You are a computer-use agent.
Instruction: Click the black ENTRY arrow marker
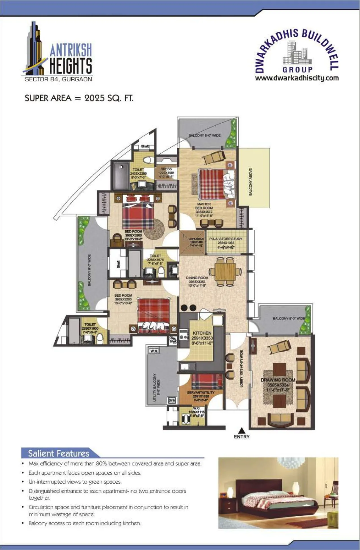tap(241, 430)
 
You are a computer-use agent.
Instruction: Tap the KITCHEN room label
tap(202, 333)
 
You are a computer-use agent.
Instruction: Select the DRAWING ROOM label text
tap(278, 380)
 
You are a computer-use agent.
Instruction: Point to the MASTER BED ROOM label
tap(204, 206)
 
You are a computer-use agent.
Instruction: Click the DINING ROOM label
tap(197, 278)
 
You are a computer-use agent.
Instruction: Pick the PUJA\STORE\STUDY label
tap(226, 239)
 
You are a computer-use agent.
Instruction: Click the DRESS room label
tap(166, 169)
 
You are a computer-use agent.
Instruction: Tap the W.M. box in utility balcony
tap(154, 351)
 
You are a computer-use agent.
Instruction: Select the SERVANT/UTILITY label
tap(201, 392)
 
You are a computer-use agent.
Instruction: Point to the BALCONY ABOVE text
tap(250, 182)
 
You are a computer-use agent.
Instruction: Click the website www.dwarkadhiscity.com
tap(297, 78)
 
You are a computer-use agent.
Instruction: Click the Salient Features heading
tap(58, 453)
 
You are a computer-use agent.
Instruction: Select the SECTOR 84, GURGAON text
tap(58, 79)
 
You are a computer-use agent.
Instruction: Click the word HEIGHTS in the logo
tap(71, 66)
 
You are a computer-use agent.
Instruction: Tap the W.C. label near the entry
tap(197, 408)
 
